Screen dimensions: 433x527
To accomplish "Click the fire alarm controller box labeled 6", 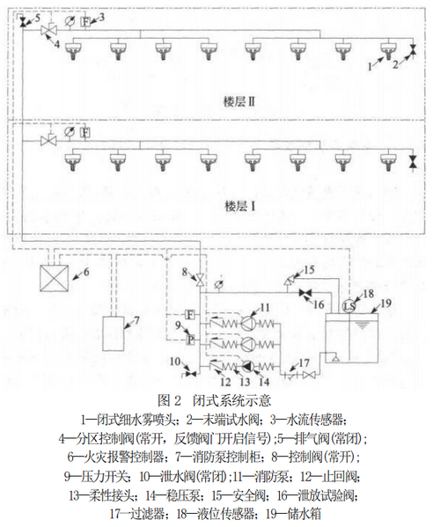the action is point(54,278).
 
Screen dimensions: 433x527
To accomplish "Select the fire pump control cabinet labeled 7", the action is point(113,333).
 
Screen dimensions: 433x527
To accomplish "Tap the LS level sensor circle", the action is point(349,306).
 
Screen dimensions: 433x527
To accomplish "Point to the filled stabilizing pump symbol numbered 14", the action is point(247,366).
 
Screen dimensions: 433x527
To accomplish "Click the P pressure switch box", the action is point(190,340).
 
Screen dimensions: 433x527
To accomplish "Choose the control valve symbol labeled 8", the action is point(200,280).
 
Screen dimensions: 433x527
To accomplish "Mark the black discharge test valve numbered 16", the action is point(305,293).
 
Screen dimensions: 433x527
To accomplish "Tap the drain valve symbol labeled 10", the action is point(192,374).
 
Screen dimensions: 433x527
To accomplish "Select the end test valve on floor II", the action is point(413,49).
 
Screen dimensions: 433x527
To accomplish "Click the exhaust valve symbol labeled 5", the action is point(23,23).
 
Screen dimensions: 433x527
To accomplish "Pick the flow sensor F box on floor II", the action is point(85,21).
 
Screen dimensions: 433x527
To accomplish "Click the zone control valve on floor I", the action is point(48,140).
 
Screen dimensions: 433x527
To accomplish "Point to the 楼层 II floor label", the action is point(239,102).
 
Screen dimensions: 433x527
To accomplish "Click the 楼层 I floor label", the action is point(239,206).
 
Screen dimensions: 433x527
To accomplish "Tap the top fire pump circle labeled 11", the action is point(247,324).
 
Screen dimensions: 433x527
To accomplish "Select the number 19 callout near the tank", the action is point(385,303).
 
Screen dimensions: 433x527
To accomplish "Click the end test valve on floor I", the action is point(413,160).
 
